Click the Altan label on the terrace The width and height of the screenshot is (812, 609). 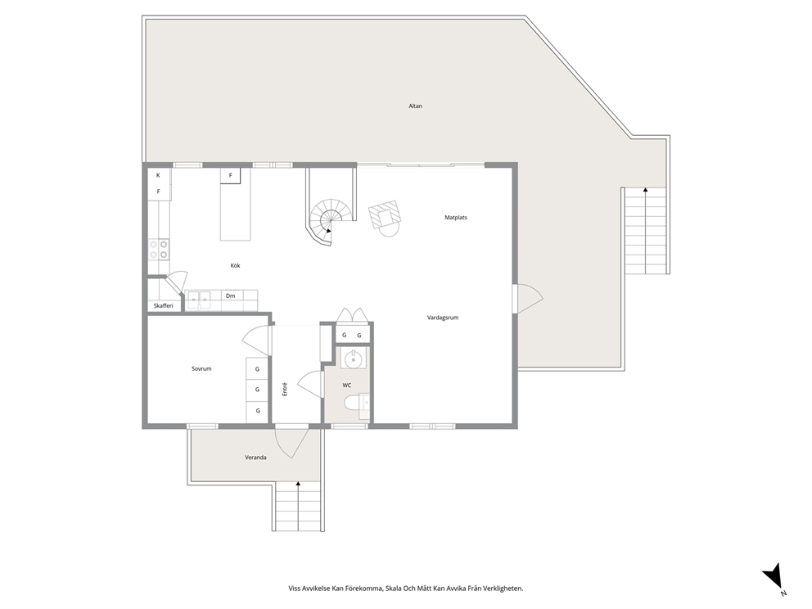tap(416, 106)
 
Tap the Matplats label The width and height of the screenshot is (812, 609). tap(456, 218)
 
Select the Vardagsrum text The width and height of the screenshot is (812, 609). tap(442, 318)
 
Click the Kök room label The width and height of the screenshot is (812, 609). tap(235, 265)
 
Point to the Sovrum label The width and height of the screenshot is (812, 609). tap(201, 369)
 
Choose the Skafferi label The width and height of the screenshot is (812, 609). tap(163, 306)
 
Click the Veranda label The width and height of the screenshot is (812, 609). tap(255, 458)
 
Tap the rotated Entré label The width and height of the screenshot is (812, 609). tap(285, 390)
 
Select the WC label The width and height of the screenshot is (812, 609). tap(347, 385)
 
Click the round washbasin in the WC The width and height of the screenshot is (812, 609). tap(354, 359)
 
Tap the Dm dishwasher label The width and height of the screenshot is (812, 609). tap(231, 296)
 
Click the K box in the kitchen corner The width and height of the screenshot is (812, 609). tap(159, 175)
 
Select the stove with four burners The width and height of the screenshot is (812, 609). tap(159, 249)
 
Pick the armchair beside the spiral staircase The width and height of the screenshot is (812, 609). tap(386, 216)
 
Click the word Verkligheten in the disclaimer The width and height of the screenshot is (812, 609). tap(501, 588)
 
